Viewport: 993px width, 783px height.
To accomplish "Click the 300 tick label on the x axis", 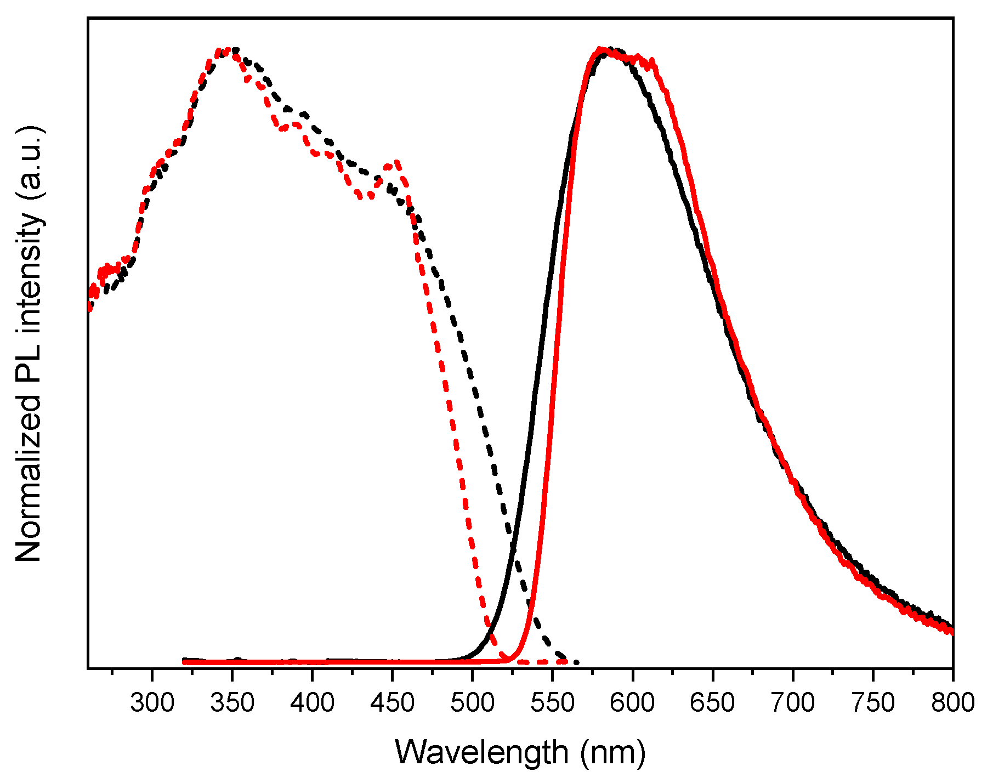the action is [x=152, y=703].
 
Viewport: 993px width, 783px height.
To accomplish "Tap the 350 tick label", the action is [x=232, y=703].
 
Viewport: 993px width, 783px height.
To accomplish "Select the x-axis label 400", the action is [x=312, y=703].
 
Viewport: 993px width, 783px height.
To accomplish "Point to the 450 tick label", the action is [x=392, y=703].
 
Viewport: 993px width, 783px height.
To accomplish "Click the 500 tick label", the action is [x=472, y=703].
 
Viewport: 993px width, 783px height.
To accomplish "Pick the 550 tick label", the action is [x=553, y=703].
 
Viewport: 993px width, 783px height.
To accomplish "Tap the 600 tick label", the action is [x=633, y=703].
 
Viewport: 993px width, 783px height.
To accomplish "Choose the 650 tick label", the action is [x=712, y=703].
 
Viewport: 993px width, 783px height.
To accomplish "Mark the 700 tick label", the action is [x=792, y=703].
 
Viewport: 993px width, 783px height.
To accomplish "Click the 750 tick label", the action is [x=872, y=703].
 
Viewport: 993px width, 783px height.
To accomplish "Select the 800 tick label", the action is [x=952, y=703].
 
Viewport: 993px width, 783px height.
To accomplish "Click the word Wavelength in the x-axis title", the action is [x=481, y=752].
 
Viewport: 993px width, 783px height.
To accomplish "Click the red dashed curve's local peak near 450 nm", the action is [x=395, y=163].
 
